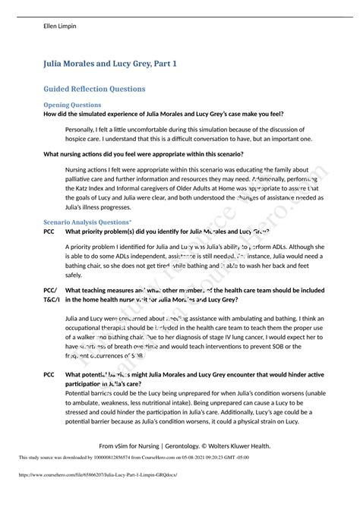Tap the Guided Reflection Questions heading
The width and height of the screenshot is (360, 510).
95,89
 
